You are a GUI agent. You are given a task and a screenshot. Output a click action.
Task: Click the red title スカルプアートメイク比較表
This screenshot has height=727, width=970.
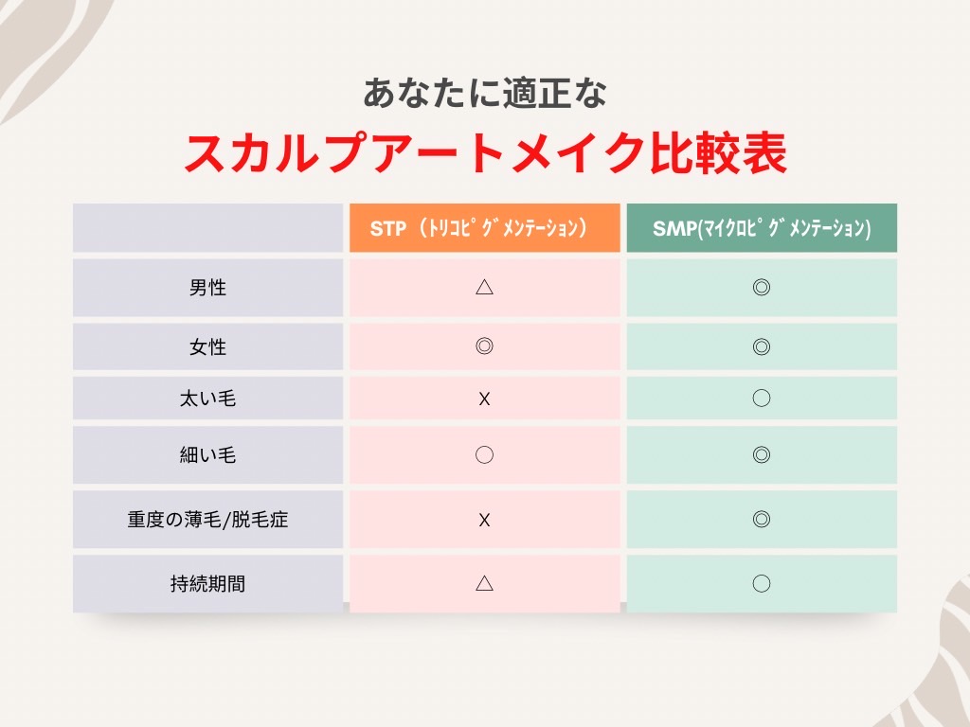pos(485,154)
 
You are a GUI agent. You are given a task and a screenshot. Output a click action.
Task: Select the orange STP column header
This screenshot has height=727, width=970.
pos(484,228)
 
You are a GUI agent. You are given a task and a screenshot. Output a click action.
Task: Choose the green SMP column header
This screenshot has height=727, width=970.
pos(762,228)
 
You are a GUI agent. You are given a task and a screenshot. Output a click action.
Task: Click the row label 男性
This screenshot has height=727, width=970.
pos(207,288)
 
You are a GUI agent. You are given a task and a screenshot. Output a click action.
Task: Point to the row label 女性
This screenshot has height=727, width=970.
pos(207,346)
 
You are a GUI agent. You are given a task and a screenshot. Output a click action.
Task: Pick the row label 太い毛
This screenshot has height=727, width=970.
pos(207,399)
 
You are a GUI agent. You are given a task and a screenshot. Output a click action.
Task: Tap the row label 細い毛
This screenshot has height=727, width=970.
pos(207,455)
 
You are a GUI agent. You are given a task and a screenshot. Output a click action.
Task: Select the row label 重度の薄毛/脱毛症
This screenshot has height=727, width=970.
pos(207,519)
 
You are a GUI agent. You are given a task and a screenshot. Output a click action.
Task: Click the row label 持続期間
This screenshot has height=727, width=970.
pos(207,584)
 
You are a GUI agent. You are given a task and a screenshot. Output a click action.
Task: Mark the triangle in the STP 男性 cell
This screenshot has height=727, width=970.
pos(484,287)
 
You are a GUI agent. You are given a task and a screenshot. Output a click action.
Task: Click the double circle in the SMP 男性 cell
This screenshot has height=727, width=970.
pos(762,287)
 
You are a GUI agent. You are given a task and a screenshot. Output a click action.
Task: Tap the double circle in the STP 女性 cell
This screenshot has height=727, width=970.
pos(484,346)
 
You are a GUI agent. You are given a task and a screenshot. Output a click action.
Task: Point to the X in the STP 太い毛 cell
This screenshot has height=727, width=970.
pos(484,399)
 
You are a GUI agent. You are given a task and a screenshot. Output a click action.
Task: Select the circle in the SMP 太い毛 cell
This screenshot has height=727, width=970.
pos(762,399)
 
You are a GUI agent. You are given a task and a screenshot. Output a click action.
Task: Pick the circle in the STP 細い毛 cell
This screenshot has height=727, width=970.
pos(484,455)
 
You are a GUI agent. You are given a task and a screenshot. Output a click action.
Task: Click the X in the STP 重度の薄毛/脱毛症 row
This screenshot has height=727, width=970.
pos(484,519)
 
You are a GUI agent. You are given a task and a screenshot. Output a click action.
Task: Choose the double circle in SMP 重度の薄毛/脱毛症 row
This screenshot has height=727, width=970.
pos(762,519)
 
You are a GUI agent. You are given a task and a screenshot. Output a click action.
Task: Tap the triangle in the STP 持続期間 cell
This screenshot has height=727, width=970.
pos(484,583)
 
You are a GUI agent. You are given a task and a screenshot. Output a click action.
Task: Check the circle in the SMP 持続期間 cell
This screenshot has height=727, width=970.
pos(762,583)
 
